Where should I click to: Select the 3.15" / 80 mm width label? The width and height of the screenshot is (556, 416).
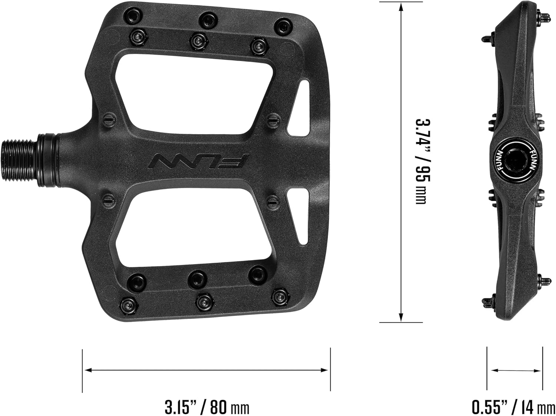click(207, 407)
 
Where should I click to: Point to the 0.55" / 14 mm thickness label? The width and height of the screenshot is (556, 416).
click(513, 407)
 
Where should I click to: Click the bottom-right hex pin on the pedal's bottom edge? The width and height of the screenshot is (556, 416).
click(280, 296)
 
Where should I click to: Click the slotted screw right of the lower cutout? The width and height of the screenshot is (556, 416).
click(272, 202)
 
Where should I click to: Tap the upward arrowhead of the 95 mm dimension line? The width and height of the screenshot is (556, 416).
click(401, 7)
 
